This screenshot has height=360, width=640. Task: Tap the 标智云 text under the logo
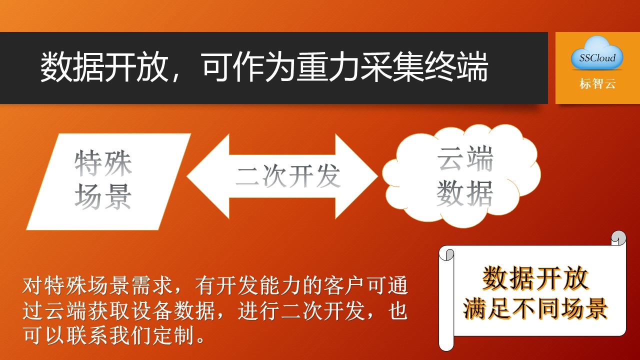[x=597, y=83]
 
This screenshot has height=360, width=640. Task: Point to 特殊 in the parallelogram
[x=103, y=163]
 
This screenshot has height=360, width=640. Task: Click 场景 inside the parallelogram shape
[x=103, y=196]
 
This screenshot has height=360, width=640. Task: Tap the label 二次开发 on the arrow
[x=288, y=176]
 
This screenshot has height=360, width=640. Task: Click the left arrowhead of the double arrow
[x=208, y=176]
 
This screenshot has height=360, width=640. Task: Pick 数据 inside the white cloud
[x=465, y=193]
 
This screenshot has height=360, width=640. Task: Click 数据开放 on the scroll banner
[x=535, y=278]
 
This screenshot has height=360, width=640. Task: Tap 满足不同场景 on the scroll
[x=535, y=308]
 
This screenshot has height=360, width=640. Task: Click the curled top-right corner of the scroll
[x=618, y=238]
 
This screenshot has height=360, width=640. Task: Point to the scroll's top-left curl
[x=446, y=254]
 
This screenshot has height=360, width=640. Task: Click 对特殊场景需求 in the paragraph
[x=97, y=285]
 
